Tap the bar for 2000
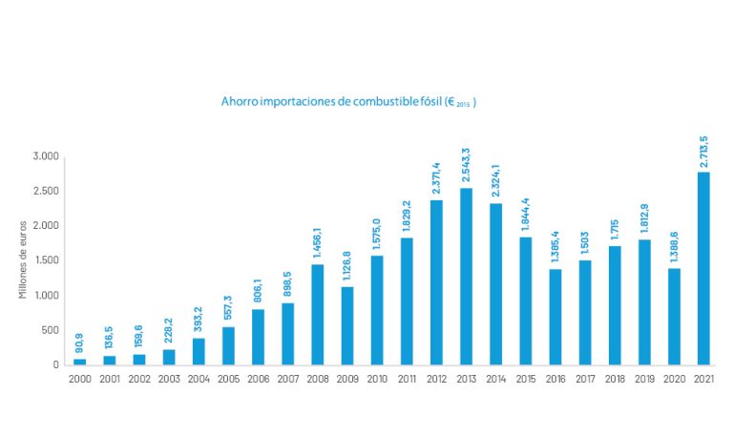[x=79, y=361]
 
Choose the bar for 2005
[x=228, y=345]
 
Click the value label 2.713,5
[x=703, y=152]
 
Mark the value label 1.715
[x=615, y=233]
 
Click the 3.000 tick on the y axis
[x=45, y=156]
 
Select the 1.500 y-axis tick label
[x=45, y=260]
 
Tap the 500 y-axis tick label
[x=50, y=330]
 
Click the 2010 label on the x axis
[x=377, y=378]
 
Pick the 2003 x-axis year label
[x=169, y=378]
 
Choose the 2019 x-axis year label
[x=644, y=378]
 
